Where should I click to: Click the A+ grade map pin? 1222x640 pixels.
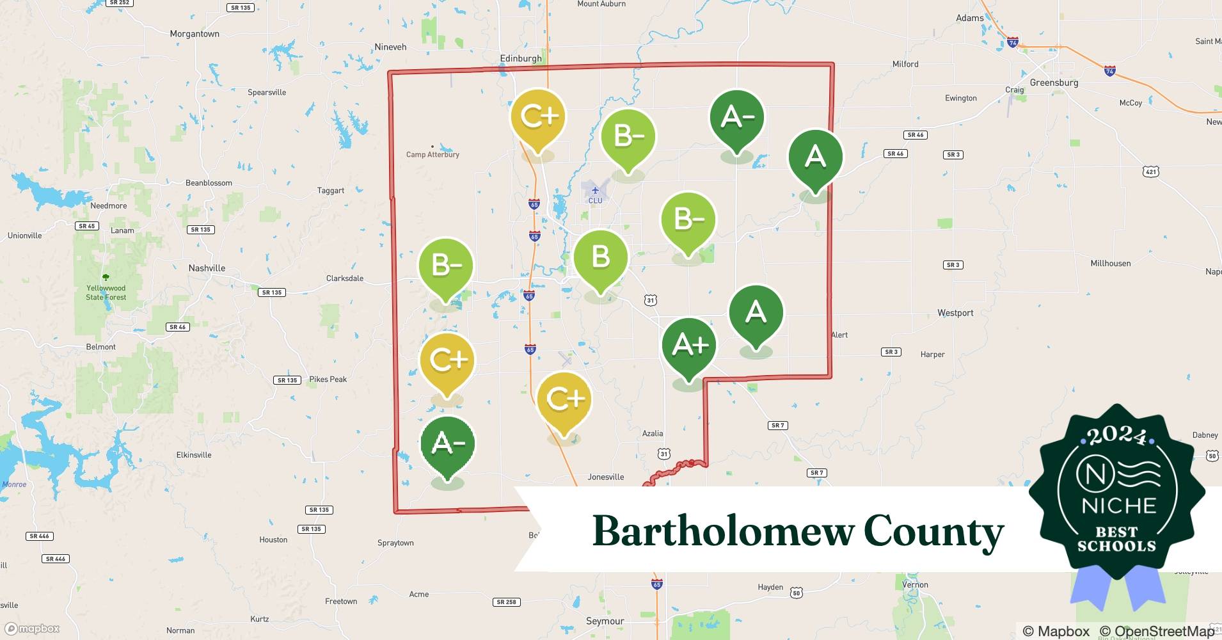(689, 346)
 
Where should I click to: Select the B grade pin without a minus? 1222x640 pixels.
(600, 257)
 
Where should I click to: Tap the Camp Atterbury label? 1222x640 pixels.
(432, 154)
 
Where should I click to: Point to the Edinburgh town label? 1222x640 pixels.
(521, 58)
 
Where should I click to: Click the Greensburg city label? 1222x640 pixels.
(1054, 83)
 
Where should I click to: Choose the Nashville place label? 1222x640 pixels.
(207, 268)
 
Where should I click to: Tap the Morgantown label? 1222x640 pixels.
(194, 34)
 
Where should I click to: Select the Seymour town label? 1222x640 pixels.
(605, 621)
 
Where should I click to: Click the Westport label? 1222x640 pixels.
(955, 313)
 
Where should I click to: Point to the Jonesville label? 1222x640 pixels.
(605, 477)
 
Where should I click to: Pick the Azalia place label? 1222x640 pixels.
(653, 433)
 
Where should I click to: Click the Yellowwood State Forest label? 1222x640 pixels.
(106, 292)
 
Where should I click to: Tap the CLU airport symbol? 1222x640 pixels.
(595, 191)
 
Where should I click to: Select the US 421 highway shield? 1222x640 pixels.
(1151, 172)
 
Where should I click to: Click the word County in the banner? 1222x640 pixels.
(933, 531)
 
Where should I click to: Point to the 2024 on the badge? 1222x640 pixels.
(1117, 436)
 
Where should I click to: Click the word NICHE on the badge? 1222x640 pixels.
(1118, 506)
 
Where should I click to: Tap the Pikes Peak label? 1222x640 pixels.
(328, 380)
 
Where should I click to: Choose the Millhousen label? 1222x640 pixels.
(1110, 263)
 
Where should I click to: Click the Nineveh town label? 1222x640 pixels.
(390, 47)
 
